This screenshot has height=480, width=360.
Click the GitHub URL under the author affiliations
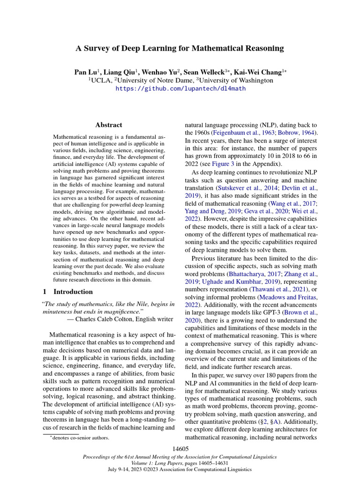coord(180,88)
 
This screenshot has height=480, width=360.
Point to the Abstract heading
coord(108,125)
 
